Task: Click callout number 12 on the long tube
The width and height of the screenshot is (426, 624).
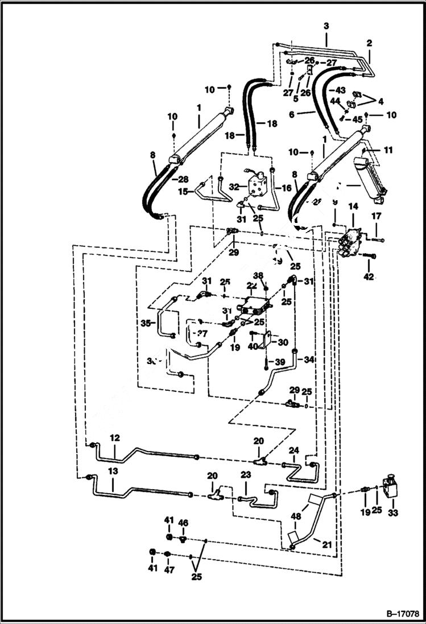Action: (x=114, y=438)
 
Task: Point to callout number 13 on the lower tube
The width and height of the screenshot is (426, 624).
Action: (x=113, y=471)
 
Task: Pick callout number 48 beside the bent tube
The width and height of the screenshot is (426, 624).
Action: (x=296, y=517)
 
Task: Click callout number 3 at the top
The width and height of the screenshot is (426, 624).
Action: (x=326, y=26)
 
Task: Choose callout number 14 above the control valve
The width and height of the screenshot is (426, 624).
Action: (x=353, y=206)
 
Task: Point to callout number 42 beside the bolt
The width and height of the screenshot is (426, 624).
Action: (x=369, y=277)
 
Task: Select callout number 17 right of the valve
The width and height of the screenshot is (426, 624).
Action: (x=375, y=216)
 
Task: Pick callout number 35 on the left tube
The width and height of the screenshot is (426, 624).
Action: (x=146, y=323)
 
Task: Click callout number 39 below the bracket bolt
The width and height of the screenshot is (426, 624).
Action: (x=279, y=362)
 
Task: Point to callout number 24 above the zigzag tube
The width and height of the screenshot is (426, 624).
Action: (x=293, y=450)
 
